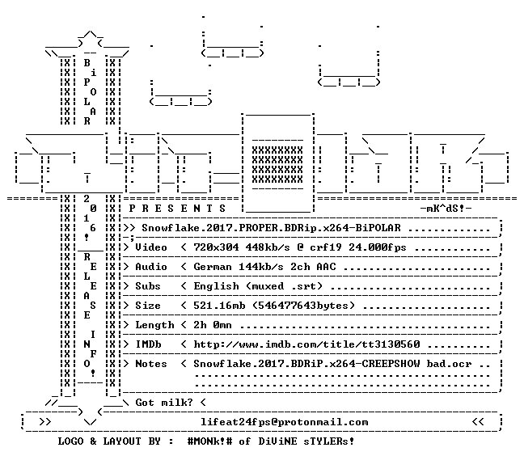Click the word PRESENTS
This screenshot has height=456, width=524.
pos(177,209)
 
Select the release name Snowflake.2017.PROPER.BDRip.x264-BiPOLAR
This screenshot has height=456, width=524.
pos(271,228)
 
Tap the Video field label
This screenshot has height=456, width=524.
pos(151,247)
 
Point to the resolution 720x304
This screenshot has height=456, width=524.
pos(216,247)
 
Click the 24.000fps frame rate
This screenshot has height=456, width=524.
pos(378,247)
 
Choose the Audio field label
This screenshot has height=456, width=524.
pos(151,267)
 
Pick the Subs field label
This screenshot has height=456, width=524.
pos(148,286)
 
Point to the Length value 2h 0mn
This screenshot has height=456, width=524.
pos(213,325)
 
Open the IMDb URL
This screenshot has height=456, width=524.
pos(306,344)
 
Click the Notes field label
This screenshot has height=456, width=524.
pos(151,364)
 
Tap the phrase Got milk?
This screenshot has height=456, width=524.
pos(164,402)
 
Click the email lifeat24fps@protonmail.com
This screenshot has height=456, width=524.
pos(284,422)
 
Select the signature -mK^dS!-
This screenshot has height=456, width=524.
pos(446,209)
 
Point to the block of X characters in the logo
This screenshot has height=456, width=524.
pos(277,165)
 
